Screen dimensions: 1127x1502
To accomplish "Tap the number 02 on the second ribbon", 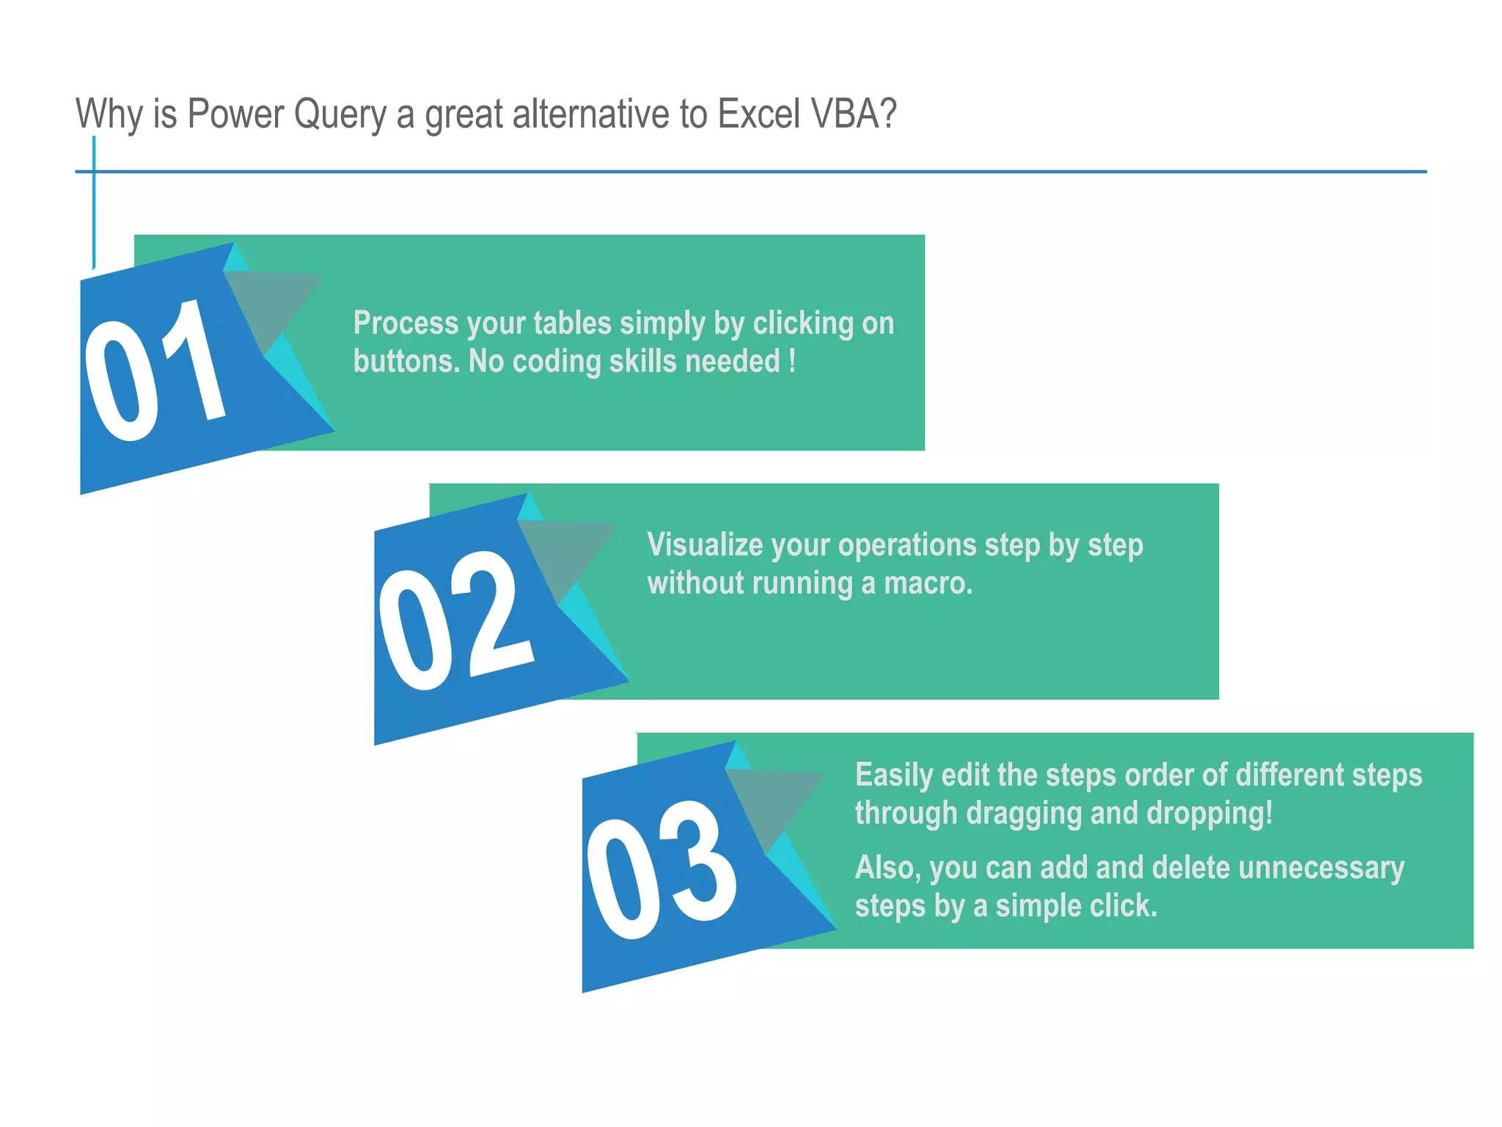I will pyautogui.click(x=455, y=620).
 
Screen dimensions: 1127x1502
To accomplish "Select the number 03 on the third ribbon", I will pyautogui.click(x=662, y=869).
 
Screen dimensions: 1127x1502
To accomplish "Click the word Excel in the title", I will pyautogui.click(x=758, y=114).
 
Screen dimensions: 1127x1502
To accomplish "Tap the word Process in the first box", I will pyautogui.click(x=406, y=324).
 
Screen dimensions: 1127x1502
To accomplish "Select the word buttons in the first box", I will pyautogui.click(x=406, y=361).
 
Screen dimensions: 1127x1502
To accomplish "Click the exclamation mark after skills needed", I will pyautogui.click(x=793, y=361).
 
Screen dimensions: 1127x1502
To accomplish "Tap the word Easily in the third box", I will pyautogui.click(x=893, y=776).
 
